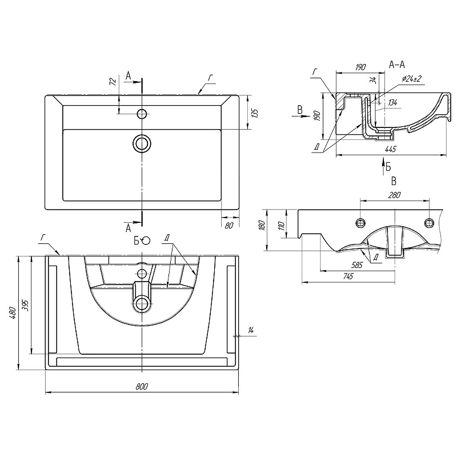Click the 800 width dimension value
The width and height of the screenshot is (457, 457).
coord(142,387)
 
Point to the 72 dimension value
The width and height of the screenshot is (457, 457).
coord(113,81)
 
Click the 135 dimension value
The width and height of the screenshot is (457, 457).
coord(255,113)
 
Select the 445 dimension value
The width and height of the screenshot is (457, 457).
coord(390,149)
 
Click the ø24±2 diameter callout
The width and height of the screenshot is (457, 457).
coord(411,79)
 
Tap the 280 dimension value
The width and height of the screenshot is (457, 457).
coord(394,195)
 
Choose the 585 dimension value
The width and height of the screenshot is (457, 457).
coord(358,264)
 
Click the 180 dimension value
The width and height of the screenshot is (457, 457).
coord(262,226)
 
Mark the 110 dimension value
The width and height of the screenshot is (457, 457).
coord(280,226)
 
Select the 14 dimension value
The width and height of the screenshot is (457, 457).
coord(251,330)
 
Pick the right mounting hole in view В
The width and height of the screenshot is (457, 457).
coord(429,222)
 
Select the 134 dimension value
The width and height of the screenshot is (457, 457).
coord(392,103)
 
